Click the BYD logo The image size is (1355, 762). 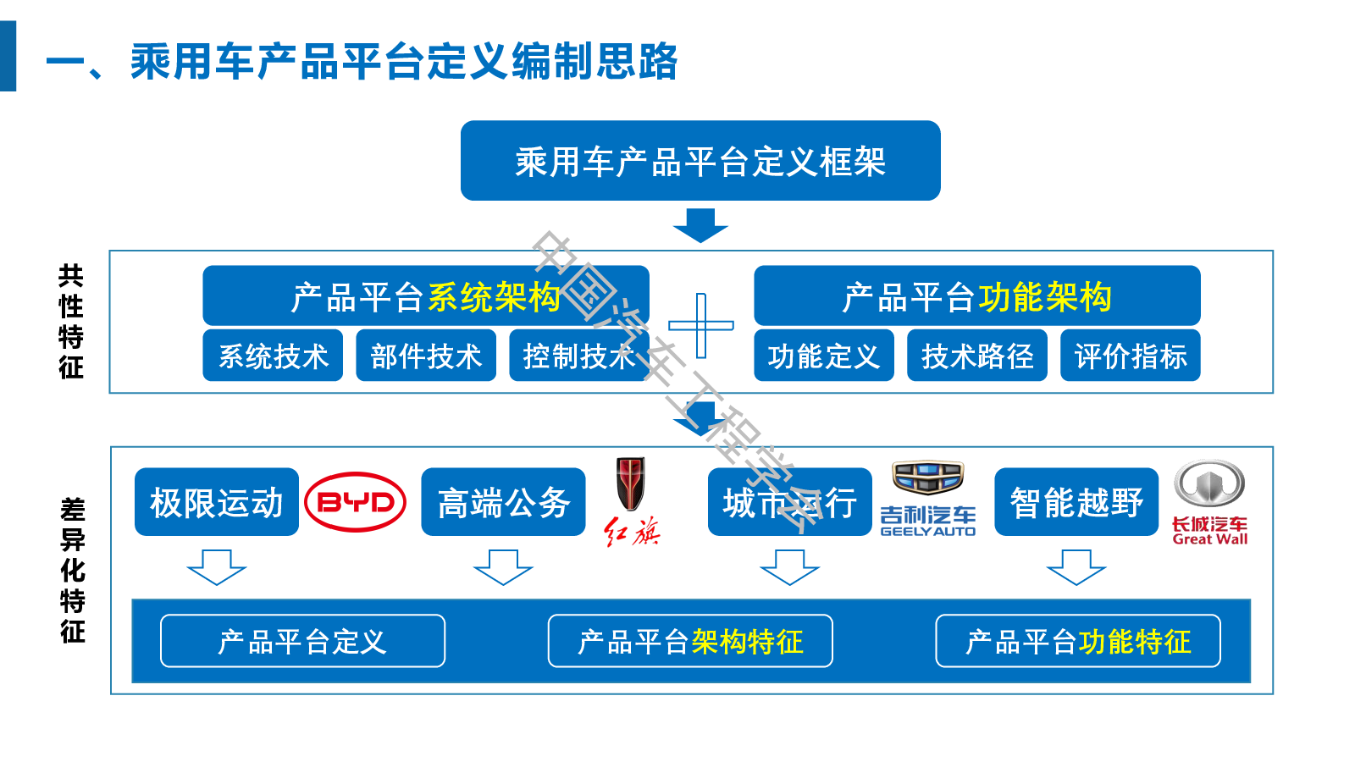point(355,502)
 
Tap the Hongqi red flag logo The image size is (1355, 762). point(631,500)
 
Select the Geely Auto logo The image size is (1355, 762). point(928,500)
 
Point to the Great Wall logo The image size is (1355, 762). point(1209,502)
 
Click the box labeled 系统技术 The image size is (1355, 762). point(273,356)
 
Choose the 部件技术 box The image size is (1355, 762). point(426,356)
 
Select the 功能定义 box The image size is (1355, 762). point(824,356)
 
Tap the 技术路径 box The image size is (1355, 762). point(977,356)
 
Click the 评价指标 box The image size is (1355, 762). point(1131,356)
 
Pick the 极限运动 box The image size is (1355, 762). point(217,502)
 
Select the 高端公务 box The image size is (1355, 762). point(503,502)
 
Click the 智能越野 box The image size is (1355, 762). point(1076,502)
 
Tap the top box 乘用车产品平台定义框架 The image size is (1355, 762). point(700,161)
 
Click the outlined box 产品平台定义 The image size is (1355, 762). point(302,641)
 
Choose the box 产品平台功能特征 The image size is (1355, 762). point(1078,641)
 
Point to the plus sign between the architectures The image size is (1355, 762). point(701,325)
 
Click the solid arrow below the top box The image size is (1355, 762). point(700,225)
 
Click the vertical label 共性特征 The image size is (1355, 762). point(71,322)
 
